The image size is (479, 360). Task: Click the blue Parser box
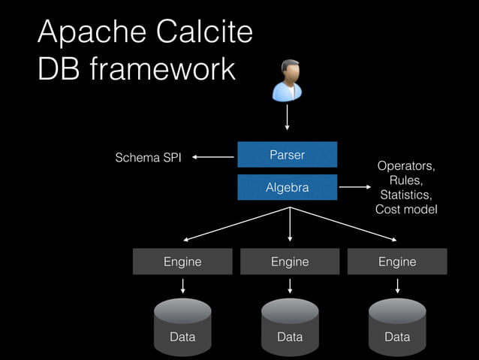(287, 155)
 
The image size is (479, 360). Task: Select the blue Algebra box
(287, 187)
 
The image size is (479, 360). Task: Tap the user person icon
(287, 80)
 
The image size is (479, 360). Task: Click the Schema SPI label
(147, 158)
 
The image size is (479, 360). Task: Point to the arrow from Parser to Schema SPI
(213, 157)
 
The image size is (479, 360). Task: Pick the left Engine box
(182, 262)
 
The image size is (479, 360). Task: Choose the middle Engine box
(290, 262)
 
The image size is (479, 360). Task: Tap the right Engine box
(397, 262)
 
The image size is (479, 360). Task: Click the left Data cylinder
(182, 328)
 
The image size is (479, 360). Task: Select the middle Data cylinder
(290, 328)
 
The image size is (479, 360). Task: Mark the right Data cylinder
(397, 328)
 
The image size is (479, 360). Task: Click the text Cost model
(406, 210)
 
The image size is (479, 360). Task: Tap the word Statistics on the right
(406, 195)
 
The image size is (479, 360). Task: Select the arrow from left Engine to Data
(182, 286)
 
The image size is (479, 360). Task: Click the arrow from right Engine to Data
(397, 286)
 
